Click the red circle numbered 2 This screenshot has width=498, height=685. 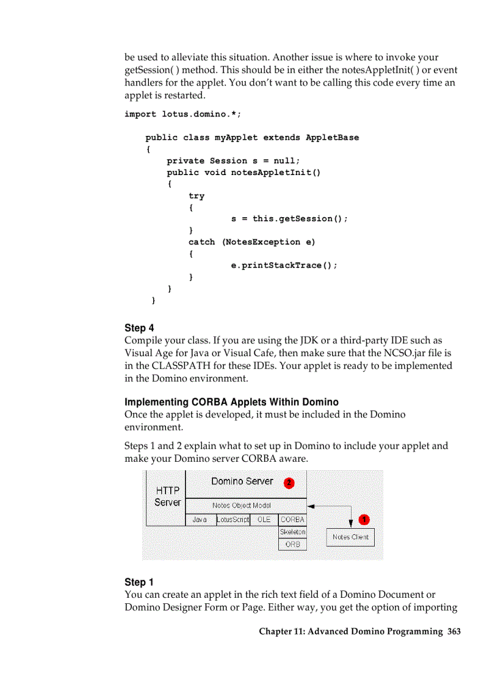click(x=289, y=482)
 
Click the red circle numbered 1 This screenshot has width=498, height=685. click(x=364, y=519)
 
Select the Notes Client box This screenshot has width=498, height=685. click(x=350, y=537)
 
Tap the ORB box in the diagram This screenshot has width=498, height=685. click(x=292, y=544)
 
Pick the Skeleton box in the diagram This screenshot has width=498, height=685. click(x=292, y=532)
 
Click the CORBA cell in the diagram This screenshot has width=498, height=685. click(x=292, y=520)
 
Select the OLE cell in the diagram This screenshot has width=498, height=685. click(x=264, y=520)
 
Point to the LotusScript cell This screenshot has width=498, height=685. click(x=233, y=520)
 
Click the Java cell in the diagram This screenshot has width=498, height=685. click(x=200, y=520)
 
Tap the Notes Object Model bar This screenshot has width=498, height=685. click(x=241, y=505)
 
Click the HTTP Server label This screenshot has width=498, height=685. click(x=167, y=497)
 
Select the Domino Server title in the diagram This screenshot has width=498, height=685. click(x=242, y=481)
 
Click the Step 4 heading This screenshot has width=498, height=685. click(x=139, y=328)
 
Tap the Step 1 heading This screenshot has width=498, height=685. click(x=139, y=582)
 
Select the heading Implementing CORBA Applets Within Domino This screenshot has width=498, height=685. click(x=231, y=402)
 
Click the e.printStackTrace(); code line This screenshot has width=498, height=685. click(x=284, y=265)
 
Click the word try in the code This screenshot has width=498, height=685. click(x=197, y=196)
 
